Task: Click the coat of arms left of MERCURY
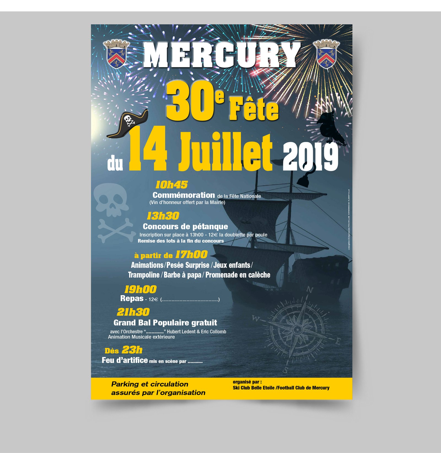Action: [116, 54]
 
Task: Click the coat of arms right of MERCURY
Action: [326, 54]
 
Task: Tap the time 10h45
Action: [171, 185]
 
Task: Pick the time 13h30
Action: [163, 216]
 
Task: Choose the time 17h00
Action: [191, 255]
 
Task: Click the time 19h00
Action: [141, 289]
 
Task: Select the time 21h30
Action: [133, 312]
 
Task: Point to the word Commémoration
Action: [184, 195]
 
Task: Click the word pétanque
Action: [212, 226]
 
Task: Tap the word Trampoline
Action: [144, 275]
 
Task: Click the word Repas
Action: [132, 299]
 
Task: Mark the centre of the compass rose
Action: [297, 329]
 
